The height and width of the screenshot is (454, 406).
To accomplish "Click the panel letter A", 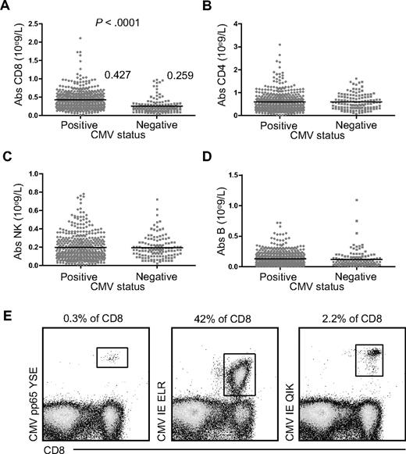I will tap(6, 7).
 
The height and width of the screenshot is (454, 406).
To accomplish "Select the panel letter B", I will tap(208, 7).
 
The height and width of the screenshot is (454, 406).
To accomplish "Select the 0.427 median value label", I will tap(117, 76).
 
